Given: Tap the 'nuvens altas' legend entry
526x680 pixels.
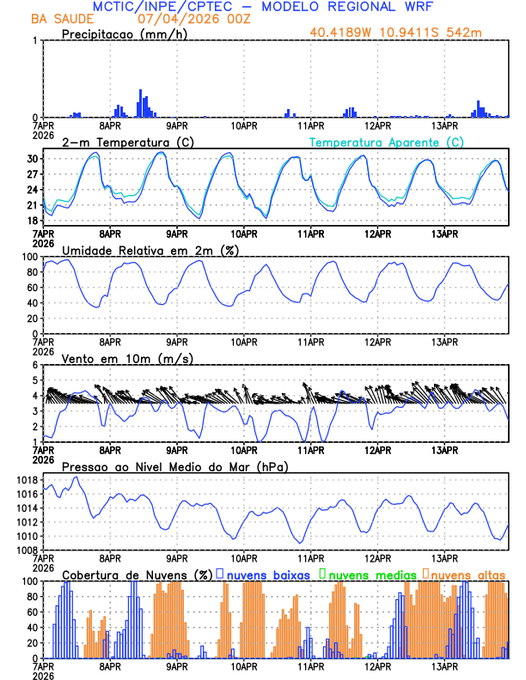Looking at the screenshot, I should point(468,574).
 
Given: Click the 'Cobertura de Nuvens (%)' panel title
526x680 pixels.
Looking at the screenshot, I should point(136,574).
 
